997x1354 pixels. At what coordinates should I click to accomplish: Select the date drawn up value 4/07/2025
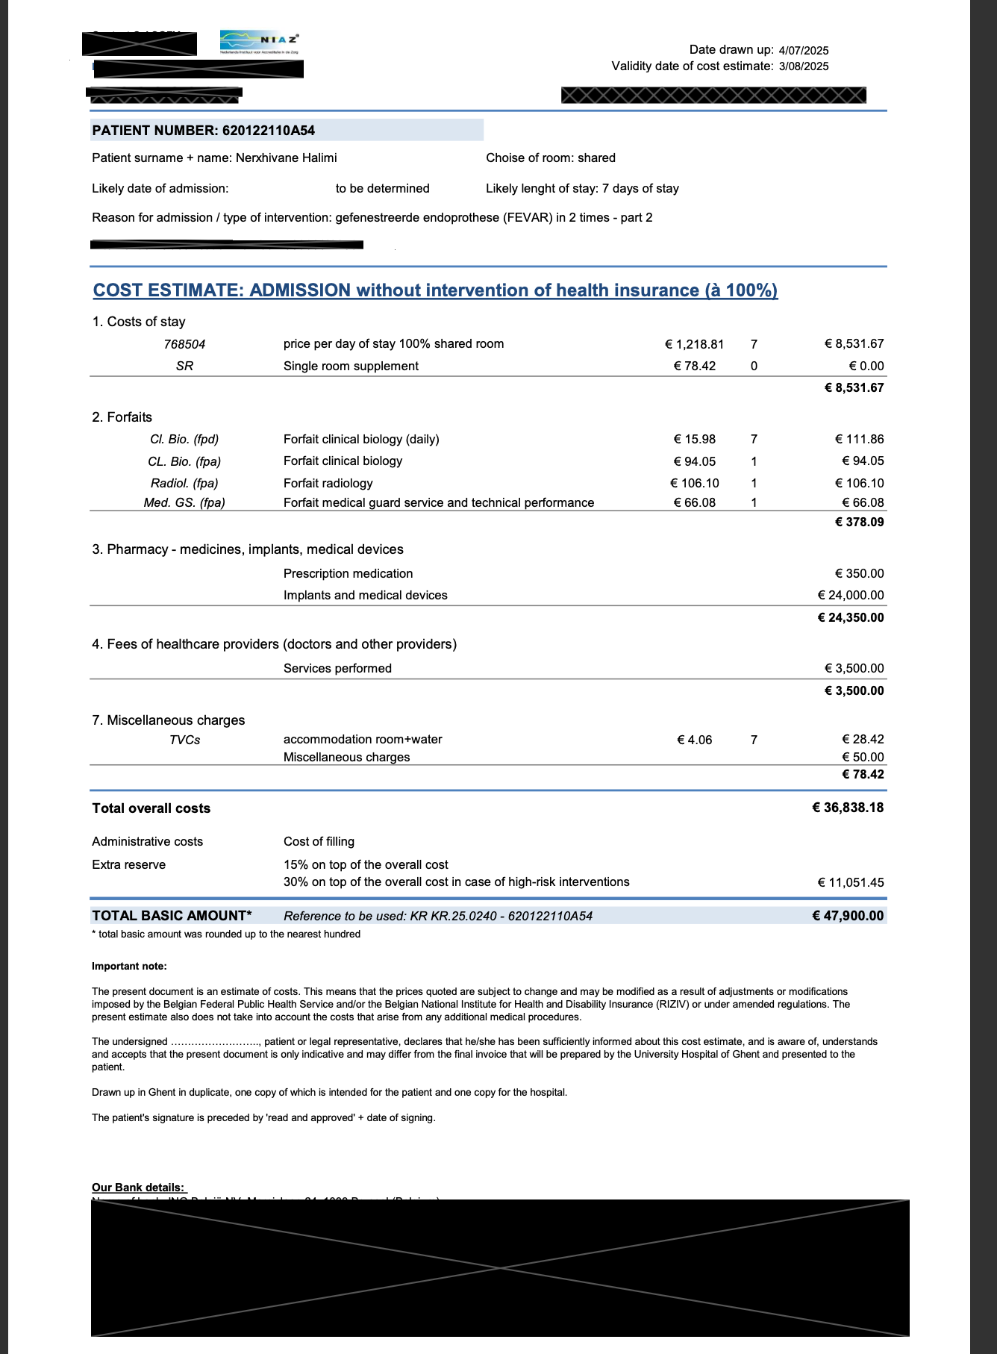(x=803, y=51)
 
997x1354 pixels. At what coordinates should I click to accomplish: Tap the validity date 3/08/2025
(x=803, y=66)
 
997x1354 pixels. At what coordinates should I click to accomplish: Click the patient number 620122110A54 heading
(x=204, y=131)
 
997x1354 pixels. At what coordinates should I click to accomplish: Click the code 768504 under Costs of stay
(x=184, y=345)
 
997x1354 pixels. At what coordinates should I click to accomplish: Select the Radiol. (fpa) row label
(x=184, y=484)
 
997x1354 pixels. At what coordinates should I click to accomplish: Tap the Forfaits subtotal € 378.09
(x=859, y=522)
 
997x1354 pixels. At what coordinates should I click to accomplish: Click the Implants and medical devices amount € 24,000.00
(x=851, y=596)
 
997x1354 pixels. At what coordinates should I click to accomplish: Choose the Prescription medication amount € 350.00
(x=859, y=574)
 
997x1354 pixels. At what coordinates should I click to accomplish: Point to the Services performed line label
(x=337, y=669)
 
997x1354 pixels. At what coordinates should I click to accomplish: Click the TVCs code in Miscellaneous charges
(x=184, y=740)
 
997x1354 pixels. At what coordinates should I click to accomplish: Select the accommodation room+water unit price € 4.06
(x=694, y=740)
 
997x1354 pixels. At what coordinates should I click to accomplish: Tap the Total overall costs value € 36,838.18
(x=848, y=808)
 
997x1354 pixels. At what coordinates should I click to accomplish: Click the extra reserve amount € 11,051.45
(x=851, y=883)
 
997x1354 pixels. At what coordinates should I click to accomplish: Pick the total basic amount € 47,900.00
(x=848, y=916)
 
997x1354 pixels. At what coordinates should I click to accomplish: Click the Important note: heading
(x=129, y=967)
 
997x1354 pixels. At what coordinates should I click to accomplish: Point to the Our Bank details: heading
(x=138, y=1188)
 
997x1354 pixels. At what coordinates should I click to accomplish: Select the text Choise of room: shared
(x=551, y=158)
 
